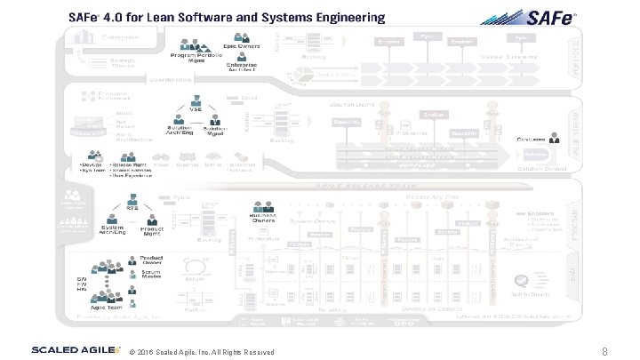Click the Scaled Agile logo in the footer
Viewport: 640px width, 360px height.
pyautogui.click(x=75, y=349)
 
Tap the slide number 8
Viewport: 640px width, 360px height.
pyautogui.click(x=604, y=351)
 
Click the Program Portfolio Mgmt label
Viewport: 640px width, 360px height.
pyautogui.click(x=194, y=58)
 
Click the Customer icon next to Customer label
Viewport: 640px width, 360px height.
pyautogui.click(x=555, y=139)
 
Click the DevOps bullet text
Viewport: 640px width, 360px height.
pyautogui.click(x=90, y=164)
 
